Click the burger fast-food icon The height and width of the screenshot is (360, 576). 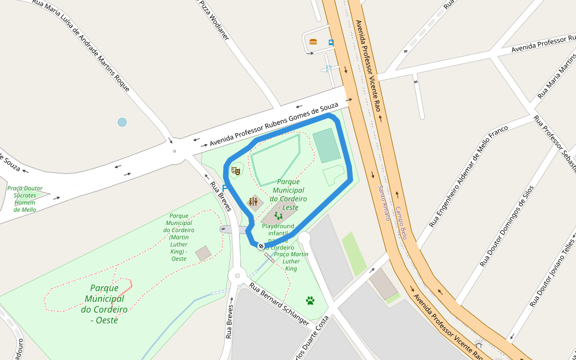(x=313, y=42)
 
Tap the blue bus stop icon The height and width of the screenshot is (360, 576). (x=331, y=43)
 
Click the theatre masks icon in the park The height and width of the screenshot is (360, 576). (x=236, y=170)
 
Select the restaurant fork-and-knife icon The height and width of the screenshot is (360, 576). (x=253, y=202)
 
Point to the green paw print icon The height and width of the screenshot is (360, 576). (x=310, y=300)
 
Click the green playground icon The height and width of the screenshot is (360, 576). (x=278, y=215)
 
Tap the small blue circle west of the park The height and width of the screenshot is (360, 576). (x=122, y=122)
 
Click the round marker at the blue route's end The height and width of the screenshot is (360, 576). (x=261, y=245)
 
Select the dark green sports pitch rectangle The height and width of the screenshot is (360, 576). (x=326, y=145)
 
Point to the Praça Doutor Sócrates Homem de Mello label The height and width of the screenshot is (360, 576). (x=25, y=199)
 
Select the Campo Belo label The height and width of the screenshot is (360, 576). (x=401, y=224)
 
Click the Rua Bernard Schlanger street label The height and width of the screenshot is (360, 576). (x=279, y=304)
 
